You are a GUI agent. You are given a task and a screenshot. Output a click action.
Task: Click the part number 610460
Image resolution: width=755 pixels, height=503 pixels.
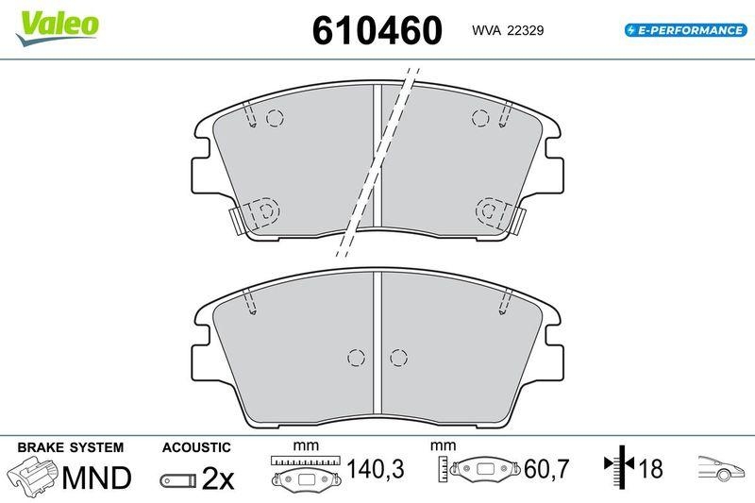click(377, 30)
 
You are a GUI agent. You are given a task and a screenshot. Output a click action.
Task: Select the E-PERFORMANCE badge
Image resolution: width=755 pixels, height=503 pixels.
click(684, 30)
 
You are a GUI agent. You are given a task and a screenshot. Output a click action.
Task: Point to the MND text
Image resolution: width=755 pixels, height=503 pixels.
click(96, 478)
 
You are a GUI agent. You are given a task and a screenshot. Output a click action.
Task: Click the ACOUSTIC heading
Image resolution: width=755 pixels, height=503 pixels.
click(196, 446)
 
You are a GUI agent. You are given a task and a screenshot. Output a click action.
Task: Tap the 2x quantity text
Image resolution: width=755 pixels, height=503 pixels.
click(218, 479)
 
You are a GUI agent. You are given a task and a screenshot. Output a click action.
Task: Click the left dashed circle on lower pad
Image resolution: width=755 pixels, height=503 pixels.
click(356, 358)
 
